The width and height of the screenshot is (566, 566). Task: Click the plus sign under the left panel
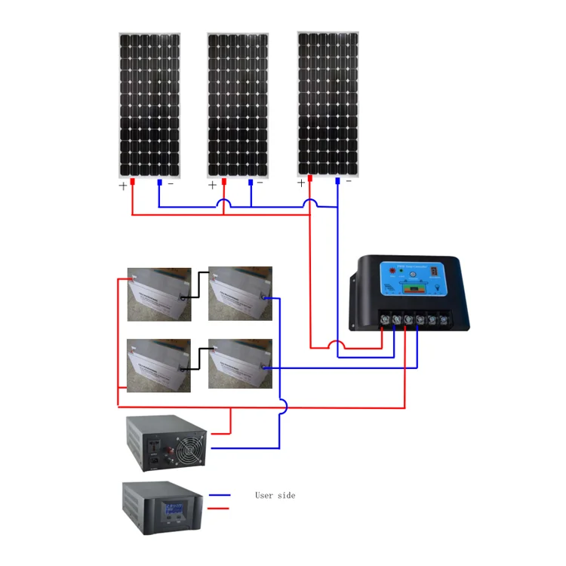123,186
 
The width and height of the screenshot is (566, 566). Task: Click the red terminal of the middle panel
223,183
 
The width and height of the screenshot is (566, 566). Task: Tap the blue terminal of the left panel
158,182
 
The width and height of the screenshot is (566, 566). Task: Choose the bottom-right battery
240,364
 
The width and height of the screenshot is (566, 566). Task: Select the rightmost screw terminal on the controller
445,320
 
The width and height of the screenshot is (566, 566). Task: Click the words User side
275,495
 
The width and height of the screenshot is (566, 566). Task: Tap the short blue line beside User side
220,495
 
